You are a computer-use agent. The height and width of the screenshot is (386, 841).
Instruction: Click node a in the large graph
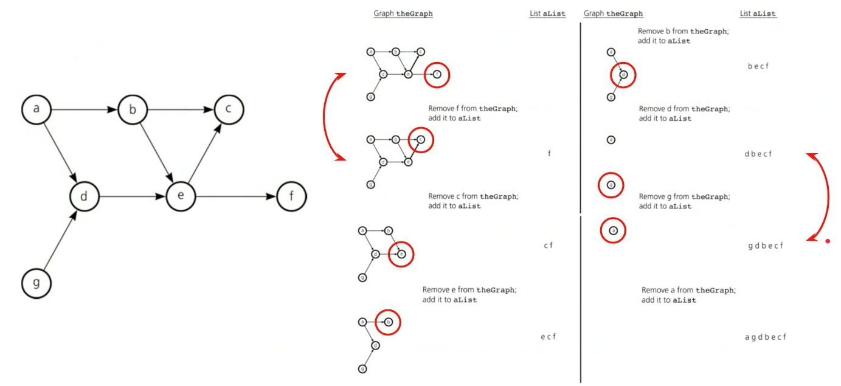coord(36,110)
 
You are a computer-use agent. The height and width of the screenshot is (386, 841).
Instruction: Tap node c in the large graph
coord(229,110)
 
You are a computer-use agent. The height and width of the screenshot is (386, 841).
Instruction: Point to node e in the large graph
coord(181,197)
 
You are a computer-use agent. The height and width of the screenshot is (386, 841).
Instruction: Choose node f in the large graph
coord(291,197)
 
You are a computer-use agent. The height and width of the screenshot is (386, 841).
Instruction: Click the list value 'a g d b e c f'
coord(765,337)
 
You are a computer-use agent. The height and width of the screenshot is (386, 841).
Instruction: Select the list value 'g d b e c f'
coord(765,246)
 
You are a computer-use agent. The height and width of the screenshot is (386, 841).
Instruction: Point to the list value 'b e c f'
coord(758,66)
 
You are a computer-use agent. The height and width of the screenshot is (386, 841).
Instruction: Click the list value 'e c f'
coord(548,337)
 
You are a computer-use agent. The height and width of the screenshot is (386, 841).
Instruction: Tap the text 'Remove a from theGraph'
coord(688,291)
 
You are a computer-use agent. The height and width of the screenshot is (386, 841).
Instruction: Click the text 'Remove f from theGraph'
coord(473,109)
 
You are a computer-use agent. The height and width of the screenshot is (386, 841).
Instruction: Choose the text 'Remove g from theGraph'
coord(684,197)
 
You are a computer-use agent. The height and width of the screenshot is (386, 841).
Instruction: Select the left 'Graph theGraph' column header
coord(403,13)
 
